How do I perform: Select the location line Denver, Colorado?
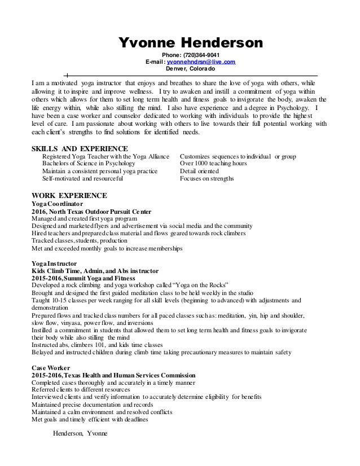(x=190, y=69)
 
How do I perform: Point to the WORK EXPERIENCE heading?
(x=68, y=196)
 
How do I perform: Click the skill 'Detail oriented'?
(x=201, y=171)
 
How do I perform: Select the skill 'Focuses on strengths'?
(x=207, y=179)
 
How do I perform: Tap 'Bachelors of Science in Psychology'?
(x=90, y=164)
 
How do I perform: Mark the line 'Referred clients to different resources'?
(x=80, y=389)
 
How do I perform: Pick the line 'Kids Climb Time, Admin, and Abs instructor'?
(x=95, y=271)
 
